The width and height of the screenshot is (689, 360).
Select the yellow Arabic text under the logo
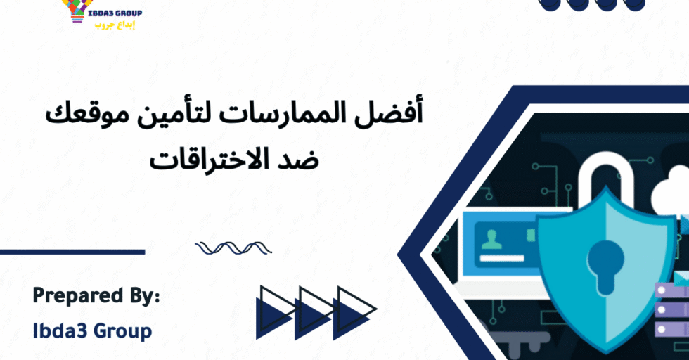114,25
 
